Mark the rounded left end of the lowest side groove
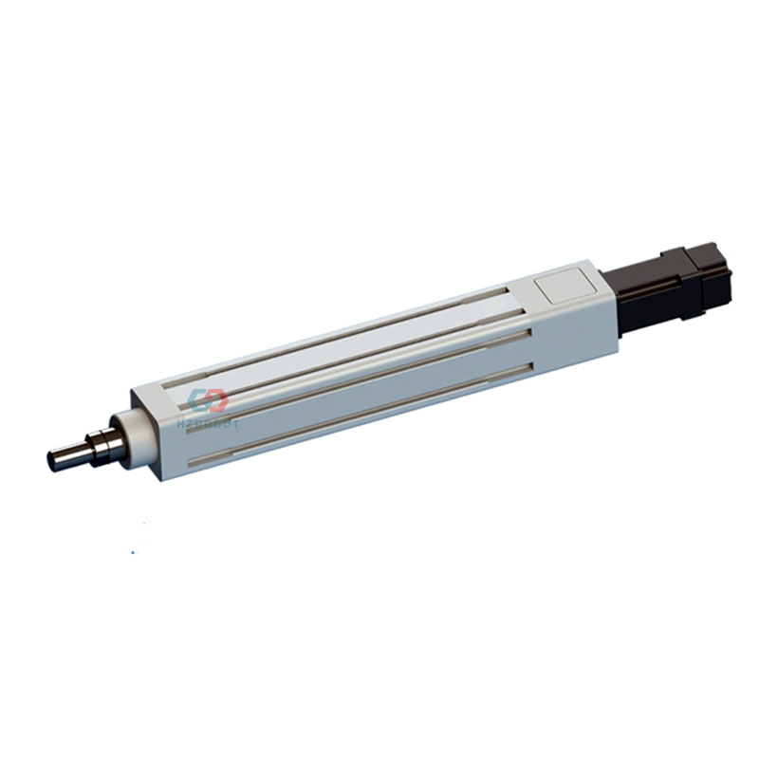tap(194, 462)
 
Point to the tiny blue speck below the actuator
tap(134, 549)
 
